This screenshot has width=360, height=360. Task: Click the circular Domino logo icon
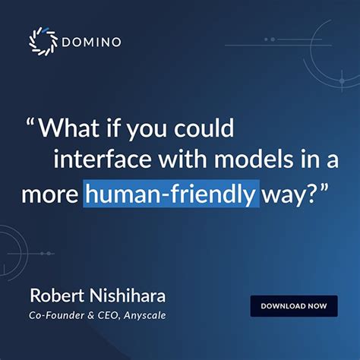coord(43,43)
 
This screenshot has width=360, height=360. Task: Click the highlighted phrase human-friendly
coord(170,194)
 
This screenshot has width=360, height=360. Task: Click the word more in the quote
coord(50,194)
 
